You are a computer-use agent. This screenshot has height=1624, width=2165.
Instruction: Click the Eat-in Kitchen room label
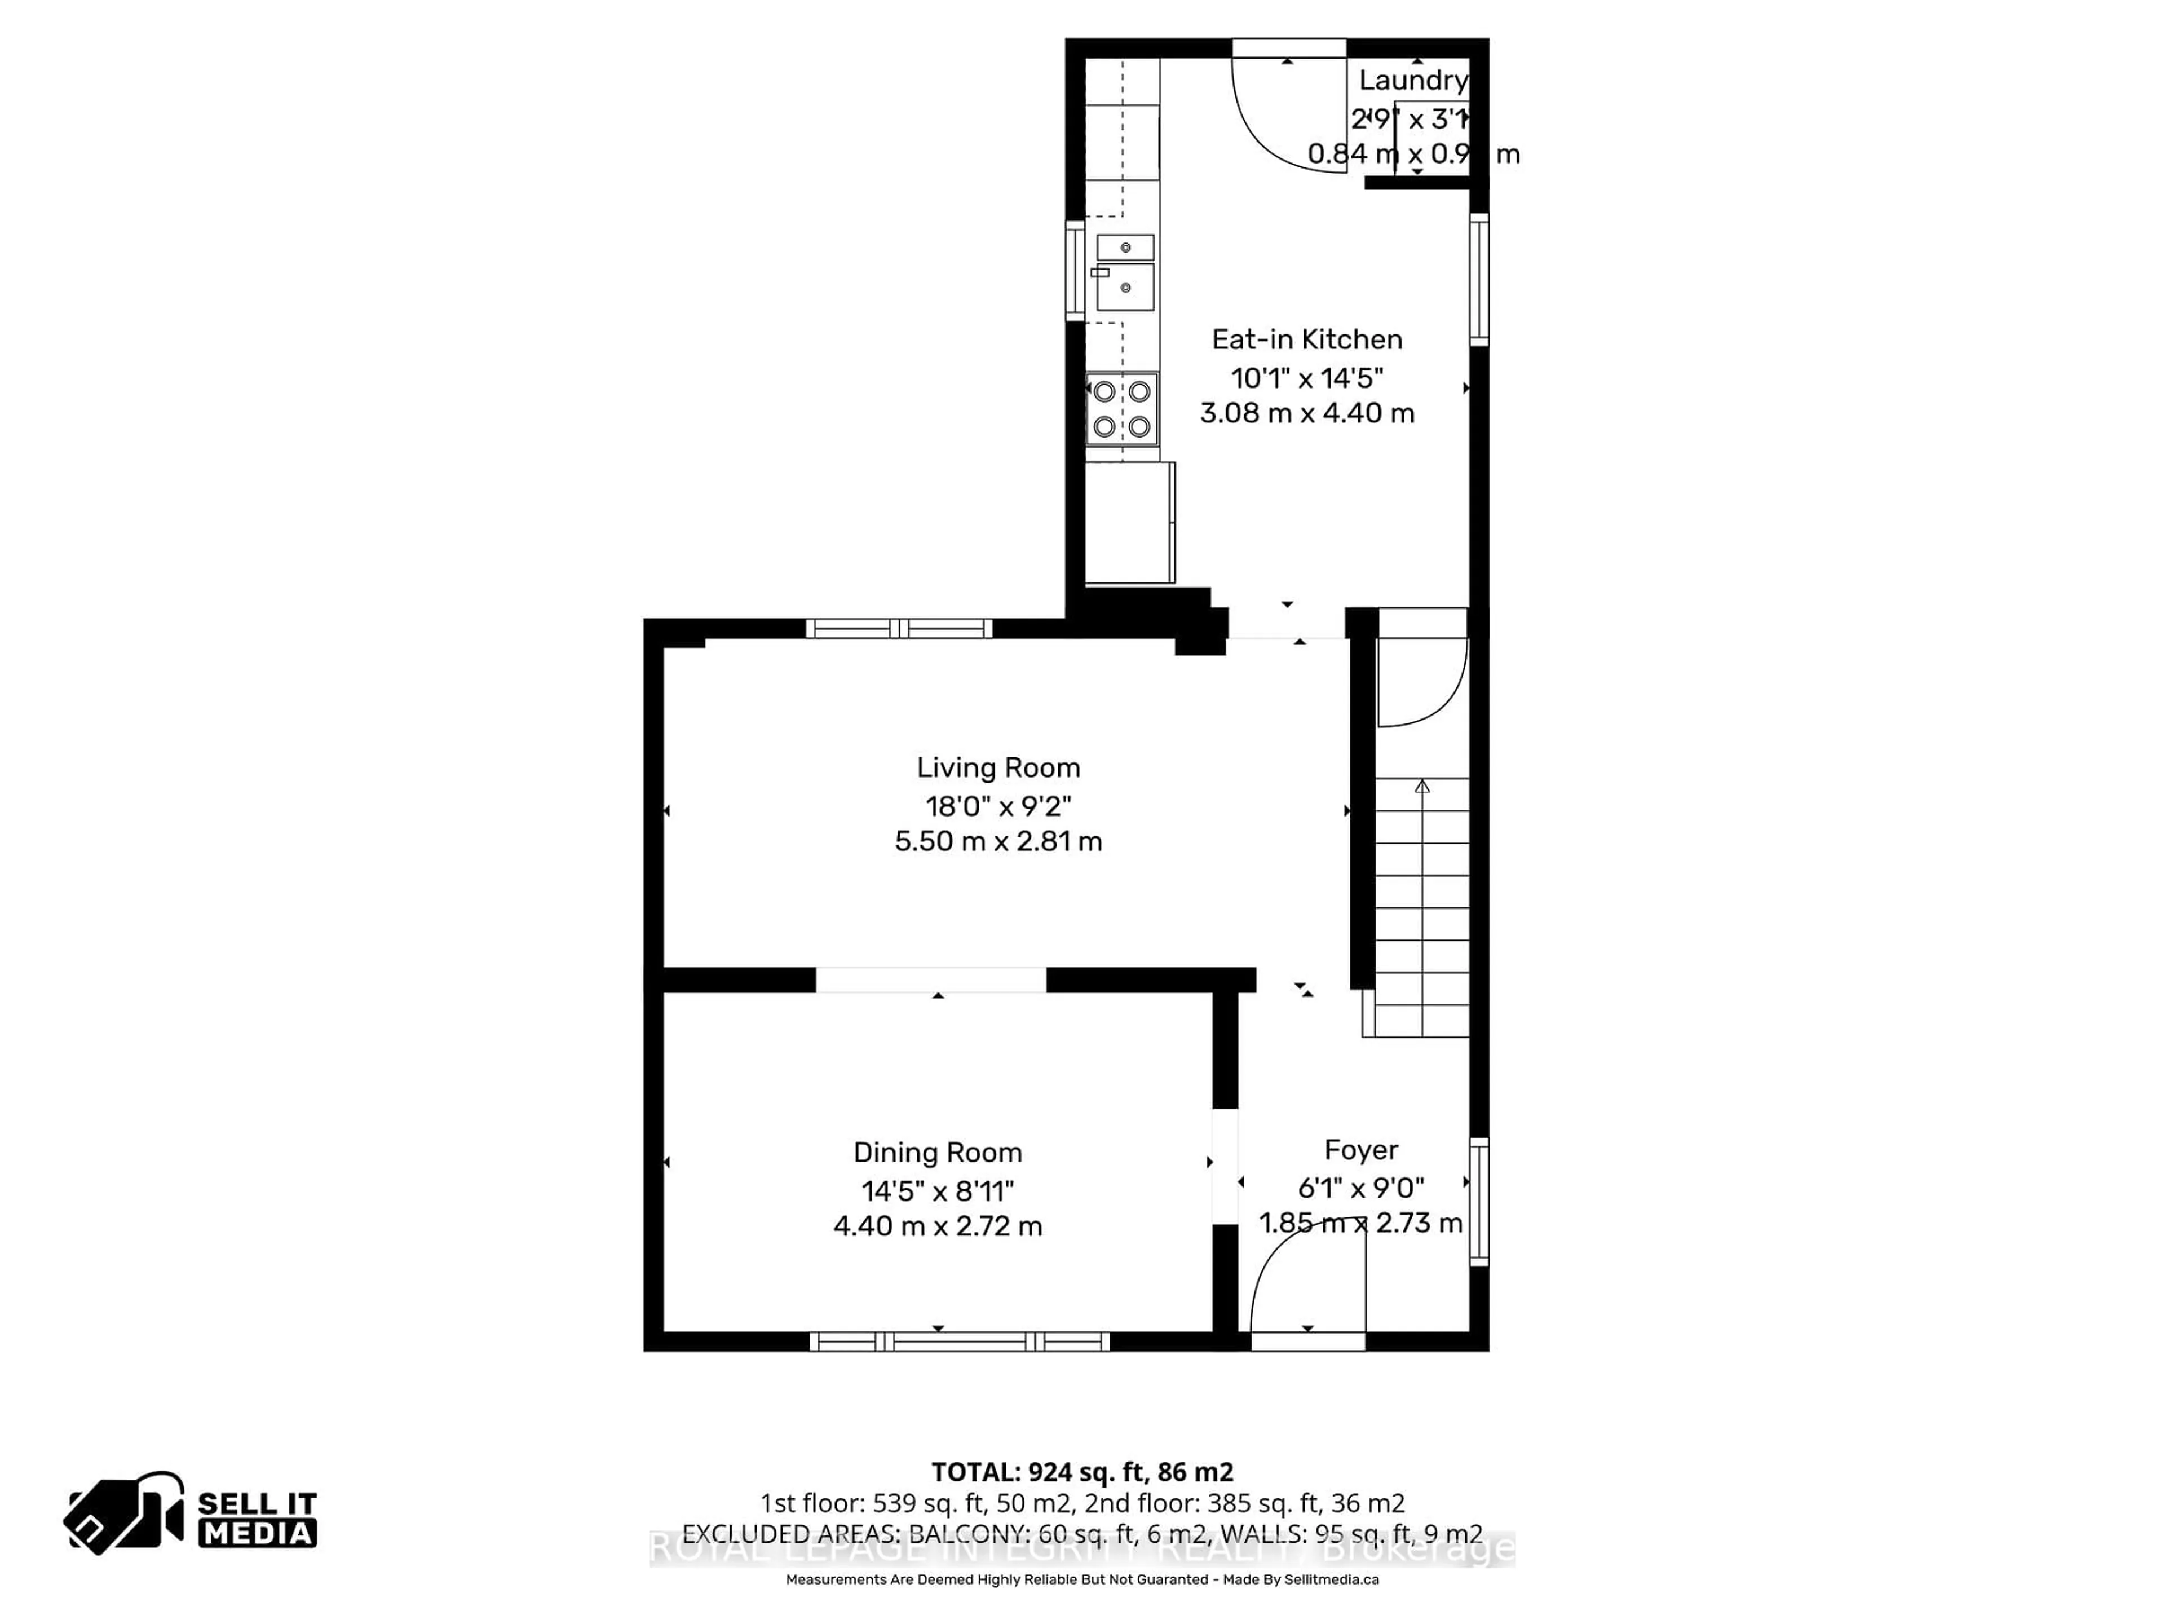point(1307,339)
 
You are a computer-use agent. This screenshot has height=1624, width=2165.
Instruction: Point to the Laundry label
point(1412,80)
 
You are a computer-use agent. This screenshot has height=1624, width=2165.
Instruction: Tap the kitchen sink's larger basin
point(1125,287)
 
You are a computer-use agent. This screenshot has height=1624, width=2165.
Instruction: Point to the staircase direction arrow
point(1422,786)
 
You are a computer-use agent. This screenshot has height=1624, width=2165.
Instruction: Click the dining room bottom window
point(959,1341)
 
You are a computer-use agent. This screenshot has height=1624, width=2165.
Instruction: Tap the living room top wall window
point(899,629)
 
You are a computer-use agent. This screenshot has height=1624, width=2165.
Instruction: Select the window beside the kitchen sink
point(1075,271)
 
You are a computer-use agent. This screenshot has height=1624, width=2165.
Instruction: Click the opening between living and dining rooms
point(931,980)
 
